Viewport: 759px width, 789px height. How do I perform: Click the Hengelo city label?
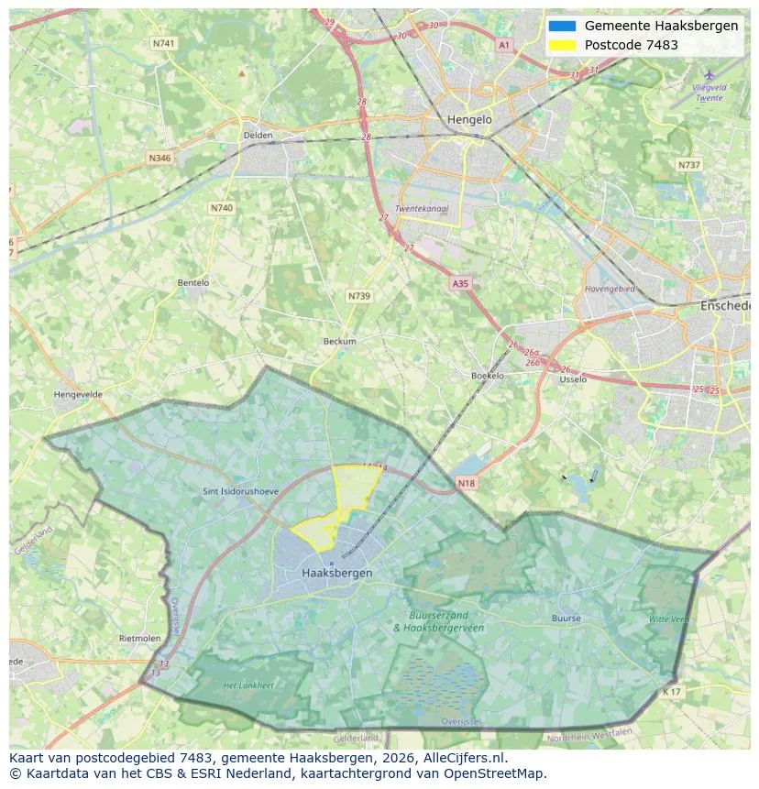click(469, 120)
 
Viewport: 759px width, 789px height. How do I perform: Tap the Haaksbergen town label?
click(336, 573)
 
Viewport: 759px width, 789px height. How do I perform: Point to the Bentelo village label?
click(192, 283)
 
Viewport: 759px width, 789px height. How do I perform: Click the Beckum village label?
click(339, 342)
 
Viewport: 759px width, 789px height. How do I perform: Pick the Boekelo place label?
click(487, 376)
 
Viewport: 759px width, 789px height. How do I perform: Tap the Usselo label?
click(572, 378)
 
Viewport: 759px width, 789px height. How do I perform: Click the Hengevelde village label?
click(78, 395)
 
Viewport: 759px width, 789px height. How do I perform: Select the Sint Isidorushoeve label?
click(240, 492)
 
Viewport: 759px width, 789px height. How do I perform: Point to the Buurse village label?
click(566, 619)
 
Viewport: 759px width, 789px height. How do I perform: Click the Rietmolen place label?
click(139, 638)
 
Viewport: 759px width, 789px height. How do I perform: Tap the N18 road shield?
click(466, 482)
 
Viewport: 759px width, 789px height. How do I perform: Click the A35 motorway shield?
click(460, 284)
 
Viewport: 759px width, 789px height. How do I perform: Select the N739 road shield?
click(358, 296)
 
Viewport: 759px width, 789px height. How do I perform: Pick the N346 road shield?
click(159, 159)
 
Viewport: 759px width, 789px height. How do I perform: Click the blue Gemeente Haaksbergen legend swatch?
click(561, 26)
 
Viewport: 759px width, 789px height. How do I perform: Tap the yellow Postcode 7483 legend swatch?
click(561, 45)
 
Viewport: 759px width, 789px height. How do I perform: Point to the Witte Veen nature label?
click(668, 619)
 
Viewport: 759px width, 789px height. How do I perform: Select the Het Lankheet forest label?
click(248, 685)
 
